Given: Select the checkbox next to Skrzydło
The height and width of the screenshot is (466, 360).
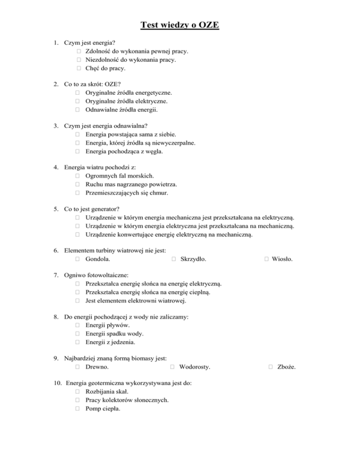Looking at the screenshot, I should pyautogui.click(x=174, y=258).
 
